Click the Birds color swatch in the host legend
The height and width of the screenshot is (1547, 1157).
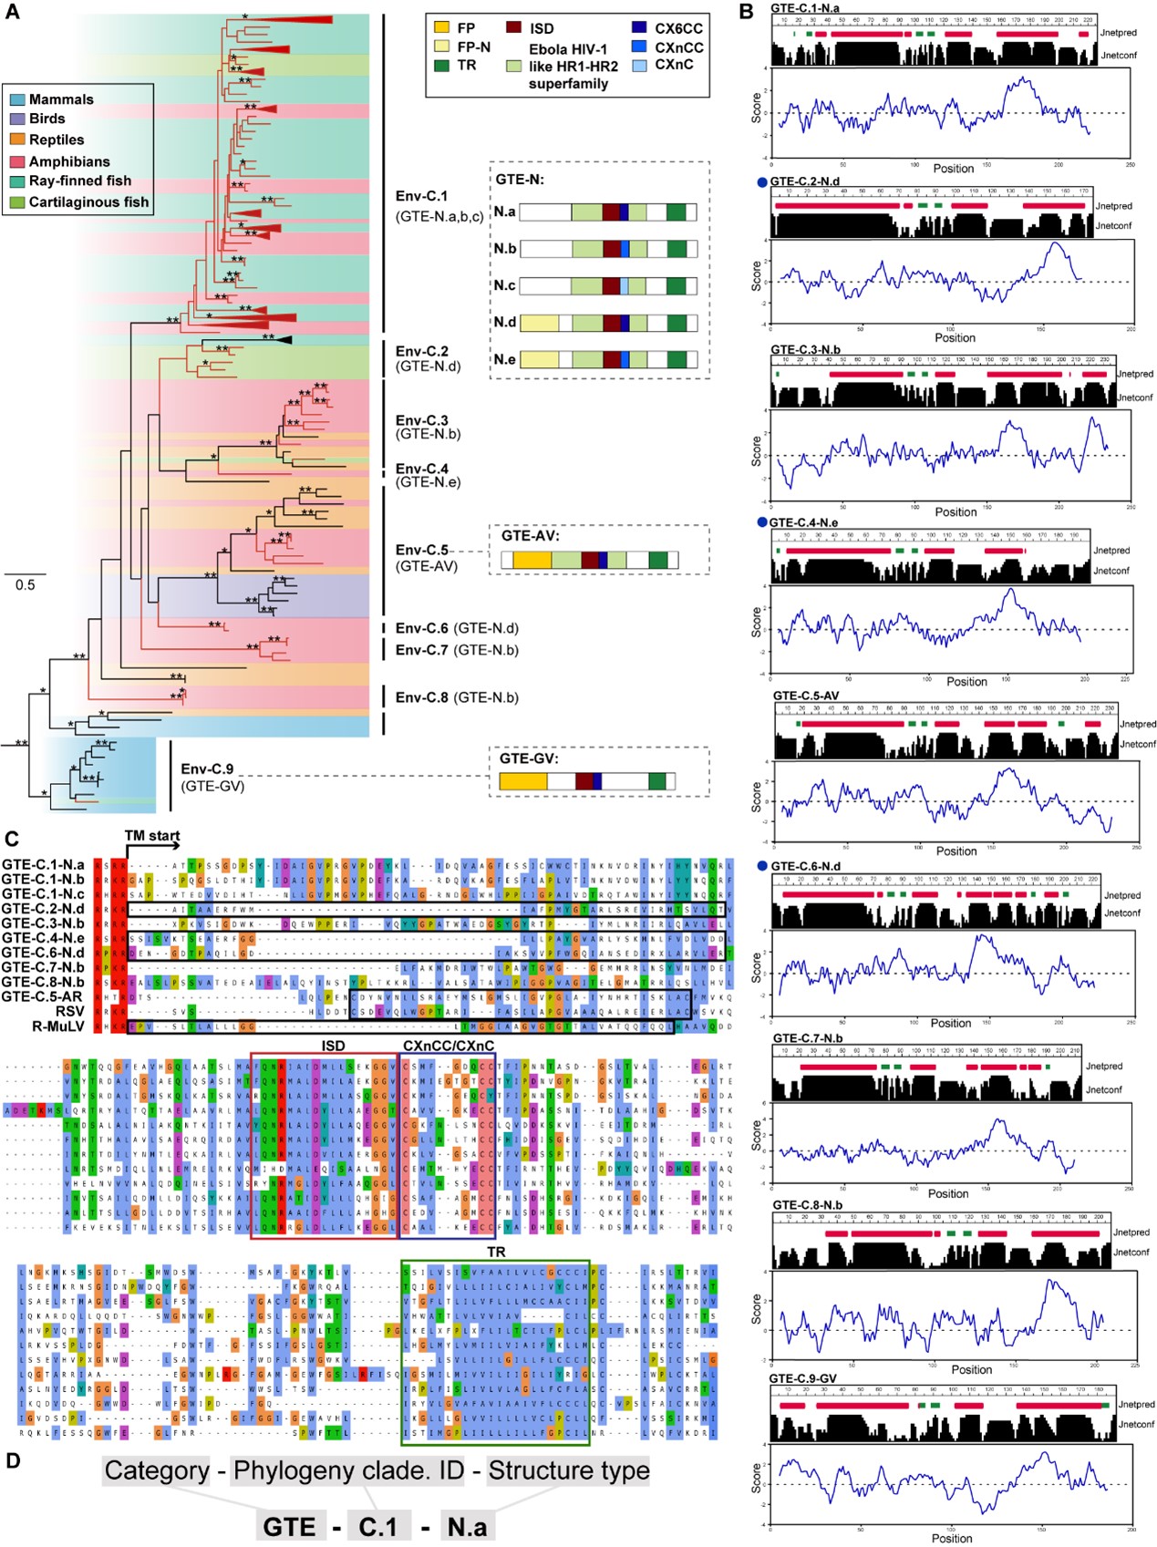[x=18, y=119]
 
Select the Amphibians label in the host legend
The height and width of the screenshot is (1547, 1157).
[x=68, y=161]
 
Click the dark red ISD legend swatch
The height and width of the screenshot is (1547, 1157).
[x=514, y=28]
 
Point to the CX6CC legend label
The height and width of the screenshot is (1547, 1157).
[x=678, y=28]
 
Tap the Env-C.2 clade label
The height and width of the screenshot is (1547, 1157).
[x=421, y=351]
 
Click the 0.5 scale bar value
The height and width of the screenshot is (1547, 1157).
[x=25, y=585]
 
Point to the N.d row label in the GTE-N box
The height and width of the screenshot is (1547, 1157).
[x=504, y=322]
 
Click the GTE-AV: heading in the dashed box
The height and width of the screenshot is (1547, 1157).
[x=531, y=536]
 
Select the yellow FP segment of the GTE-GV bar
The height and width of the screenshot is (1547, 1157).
[x=523, y=781]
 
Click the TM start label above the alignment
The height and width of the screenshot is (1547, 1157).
[x=152, y=835]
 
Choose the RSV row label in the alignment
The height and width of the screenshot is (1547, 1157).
[x=69, y=1011]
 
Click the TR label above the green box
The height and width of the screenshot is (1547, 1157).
[x=496, y=1252]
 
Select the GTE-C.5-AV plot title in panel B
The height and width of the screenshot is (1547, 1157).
[x=806, y=696]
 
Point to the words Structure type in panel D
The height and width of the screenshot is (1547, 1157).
[x=569, y=1470]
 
